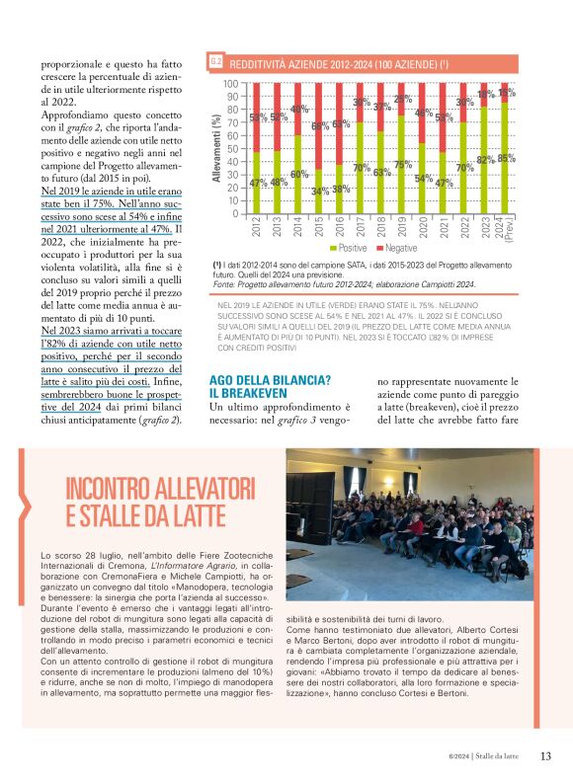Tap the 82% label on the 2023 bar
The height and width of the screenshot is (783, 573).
(486, 160)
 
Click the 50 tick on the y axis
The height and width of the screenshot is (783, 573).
(233, 148)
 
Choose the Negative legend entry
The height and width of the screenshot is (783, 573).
(400, 249)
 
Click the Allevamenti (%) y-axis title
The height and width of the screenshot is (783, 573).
(216, 148)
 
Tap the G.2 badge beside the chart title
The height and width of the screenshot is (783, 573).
(216, 64)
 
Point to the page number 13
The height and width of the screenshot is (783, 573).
(545, 756)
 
